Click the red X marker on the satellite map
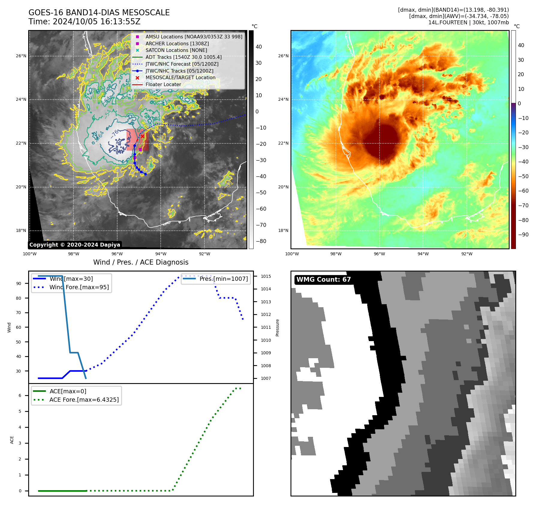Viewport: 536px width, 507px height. click(142, 136)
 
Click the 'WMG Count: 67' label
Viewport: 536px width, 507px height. click(323, 280)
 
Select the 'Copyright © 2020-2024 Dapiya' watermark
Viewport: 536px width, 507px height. click(75, 245)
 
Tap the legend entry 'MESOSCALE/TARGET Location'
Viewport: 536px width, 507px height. click(180, 78)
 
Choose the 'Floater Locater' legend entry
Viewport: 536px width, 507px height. click(163, 85)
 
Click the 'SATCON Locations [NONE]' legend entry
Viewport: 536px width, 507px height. click(176, 50)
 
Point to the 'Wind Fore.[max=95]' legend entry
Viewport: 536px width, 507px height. click(79, 287)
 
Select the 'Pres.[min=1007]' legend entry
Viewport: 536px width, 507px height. click(223, 279)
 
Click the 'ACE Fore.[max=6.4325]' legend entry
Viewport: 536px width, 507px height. click(84, 400)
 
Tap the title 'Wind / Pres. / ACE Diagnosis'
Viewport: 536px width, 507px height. click(141, 262)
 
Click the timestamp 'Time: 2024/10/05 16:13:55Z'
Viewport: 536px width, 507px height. click(84, 22)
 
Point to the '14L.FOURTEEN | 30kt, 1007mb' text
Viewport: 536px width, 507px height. click(468, 22)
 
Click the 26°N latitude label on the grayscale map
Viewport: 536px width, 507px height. click(21, 56)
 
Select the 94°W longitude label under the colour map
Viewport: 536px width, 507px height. click(423, 254)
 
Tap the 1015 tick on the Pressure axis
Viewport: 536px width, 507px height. click(266, 276)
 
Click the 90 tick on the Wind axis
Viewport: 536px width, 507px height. click(19, 284)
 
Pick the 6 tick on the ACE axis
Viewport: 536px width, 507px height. click(20, 396)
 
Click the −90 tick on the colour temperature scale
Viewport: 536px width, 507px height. click(523, 235)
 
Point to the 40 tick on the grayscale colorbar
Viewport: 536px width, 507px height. click(259, 47)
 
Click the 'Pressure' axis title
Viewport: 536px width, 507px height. click(277, 328)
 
